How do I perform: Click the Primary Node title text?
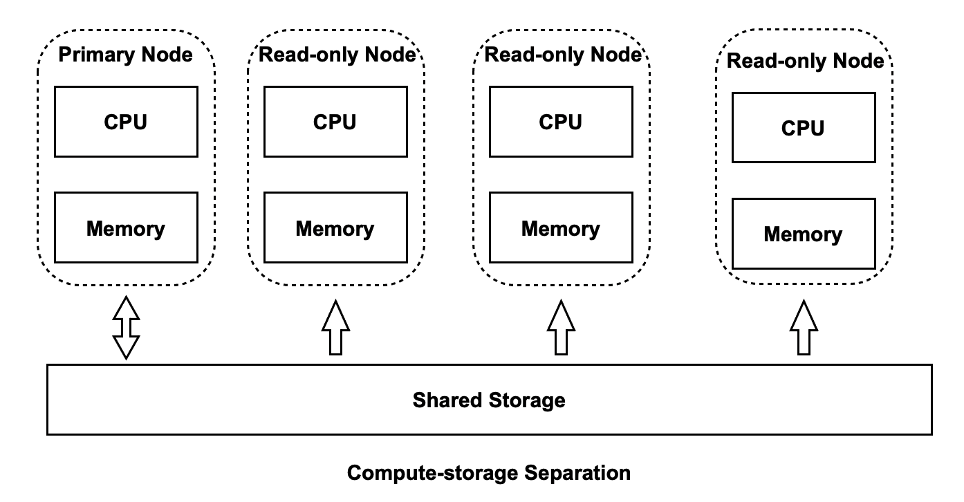click(x=125, y=55)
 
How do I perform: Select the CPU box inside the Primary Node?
click(x=126, y=122)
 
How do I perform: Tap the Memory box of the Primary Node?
click(x=126, y=227)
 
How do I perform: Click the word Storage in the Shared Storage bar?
click(x=527, y=400)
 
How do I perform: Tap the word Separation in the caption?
click(x=577, y=473)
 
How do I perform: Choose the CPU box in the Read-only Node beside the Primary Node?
click(x=335, y=122)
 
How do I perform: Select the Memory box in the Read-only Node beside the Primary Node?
click(x=335, y=227)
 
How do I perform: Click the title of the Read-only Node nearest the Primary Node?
click(x=337, y=55)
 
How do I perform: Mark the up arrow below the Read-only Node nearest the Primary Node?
click(x=335, y=328)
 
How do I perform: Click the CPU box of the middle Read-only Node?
click(x=561, y=122)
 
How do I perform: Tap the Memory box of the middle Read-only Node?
click(x=561, y=227)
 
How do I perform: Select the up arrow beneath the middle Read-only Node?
click(x=562, y=328)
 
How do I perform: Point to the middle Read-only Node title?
click(x=564, y=55)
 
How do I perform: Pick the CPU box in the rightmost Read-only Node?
click(x=803, y=129)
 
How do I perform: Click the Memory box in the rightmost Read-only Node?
click(x=803, y=234)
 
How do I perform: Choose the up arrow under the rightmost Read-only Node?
click(x=804, y=328)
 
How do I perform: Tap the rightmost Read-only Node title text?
click(x=806, y=62)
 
